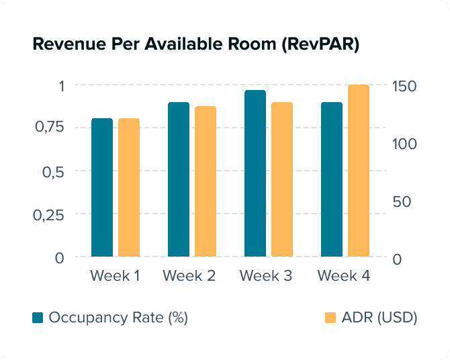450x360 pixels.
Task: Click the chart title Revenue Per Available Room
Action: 195,45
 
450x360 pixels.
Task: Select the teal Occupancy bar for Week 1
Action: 102,187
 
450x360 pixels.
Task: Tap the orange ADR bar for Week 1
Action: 129,187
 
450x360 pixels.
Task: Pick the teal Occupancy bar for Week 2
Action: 179,179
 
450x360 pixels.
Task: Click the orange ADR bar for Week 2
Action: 206,181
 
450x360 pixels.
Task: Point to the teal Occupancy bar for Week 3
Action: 255,173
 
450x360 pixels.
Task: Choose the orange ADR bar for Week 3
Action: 282,179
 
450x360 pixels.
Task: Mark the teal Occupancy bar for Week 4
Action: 332,179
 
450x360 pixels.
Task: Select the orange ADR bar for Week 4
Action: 359,171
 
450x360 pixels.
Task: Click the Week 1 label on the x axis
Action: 115,276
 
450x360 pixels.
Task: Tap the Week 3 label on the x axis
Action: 266,276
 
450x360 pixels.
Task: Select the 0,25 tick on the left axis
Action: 51,214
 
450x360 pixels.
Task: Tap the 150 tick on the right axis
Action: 405,87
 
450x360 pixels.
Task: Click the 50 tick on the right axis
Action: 402,201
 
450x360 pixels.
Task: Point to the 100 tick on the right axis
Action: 404,144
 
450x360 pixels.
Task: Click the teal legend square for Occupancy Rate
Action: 38,318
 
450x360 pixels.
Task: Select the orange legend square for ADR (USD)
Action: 330,318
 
